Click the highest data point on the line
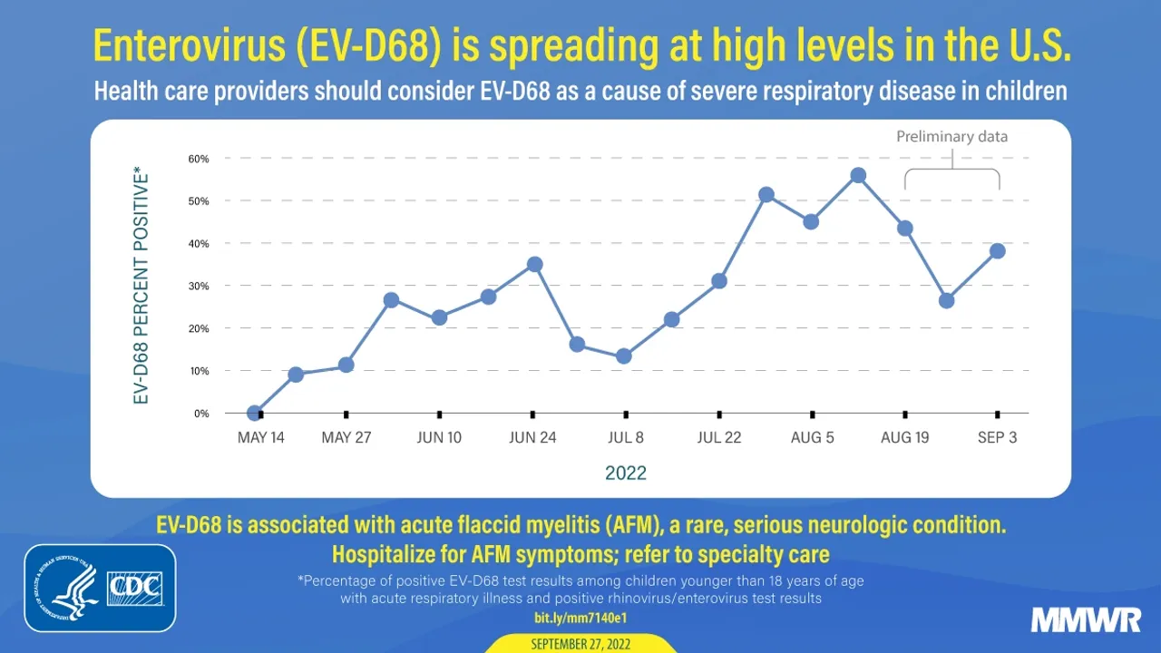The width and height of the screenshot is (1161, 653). tap(858, 175)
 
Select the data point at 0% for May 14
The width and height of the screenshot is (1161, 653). tap(255, 413)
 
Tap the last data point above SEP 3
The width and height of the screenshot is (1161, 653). tap(997, 251)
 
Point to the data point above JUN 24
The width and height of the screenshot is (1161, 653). tap(534, 264)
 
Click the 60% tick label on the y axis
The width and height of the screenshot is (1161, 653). tap(199, 159)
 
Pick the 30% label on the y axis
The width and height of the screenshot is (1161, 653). tap(199, 286)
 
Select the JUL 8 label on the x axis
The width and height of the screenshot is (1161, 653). tap(626, 437)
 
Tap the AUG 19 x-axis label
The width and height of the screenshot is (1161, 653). tap(905, 437)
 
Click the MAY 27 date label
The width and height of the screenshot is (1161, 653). tap(346, 437)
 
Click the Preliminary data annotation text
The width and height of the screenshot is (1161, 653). tap(951, 137)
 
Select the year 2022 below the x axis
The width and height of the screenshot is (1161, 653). tap(626, 473)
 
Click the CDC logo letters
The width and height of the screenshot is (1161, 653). tap(134, 588)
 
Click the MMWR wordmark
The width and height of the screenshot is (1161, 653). tap(1086, 620)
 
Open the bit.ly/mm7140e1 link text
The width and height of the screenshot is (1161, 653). tap(580, 618)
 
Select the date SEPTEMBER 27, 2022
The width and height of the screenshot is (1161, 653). tap(580, 644)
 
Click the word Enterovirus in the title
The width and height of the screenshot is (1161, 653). tap(171, 47)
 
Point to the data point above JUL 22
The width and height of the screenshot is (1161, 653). tap(719, 281)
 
